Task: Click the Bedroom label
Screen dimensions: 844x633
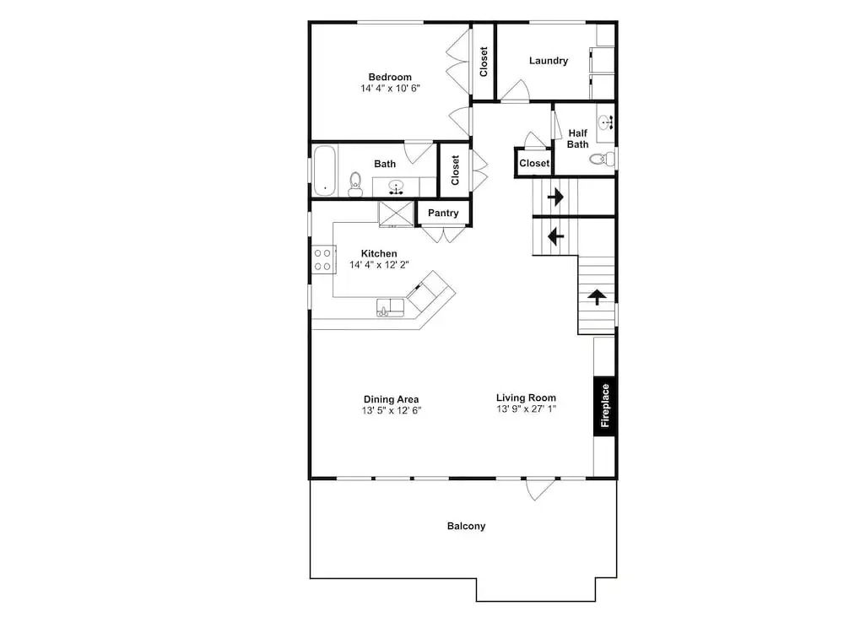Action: coord(390,77)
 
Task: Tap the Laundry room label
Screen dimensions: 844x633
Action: coord(548,61)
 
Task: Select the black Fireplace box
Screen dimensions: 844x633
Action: coord(604,406)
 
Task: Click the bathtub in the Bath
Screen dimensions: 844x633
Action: coord(324,170)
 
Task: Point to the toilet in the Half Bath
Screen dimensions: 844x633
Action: coord(603,159)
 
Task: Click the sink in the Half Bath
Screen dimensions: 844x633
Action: coord(607,122)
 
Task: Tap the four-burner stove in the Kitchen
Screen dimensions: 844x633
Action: coord(323,259)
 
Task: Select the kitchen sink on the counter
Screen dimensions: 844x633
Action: coord(390,307)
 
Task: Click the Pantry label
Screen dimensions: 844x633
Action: coord(443,214)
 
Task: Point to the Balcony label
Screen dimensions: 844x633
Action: coord(466,526)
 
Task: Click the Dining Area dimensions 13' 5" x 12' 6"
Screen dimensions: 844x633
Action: coord(392,410)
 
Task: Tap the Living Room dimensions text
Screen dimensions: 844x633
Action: coord(526,408)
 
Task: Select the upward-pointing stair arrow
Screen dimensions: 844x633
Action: coord(597,296)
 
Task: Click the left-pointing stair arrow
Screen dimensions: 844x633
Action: coord(555,235)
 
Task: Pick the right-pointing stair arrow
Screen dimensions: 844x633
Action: coord(555,197)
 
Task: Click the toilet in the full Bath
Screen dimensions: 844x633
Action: coord(355,185)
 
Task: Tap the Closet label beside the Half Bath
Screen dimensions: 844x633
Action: coord(534,163)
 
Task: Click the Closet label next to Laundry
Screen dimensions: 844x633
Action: coord(484,62)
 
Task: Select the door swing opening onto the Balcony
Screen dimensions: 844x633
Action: coord(540,490)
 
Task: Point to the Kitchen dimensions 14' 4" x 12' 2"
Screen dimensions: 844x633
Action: coord(379,265)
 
